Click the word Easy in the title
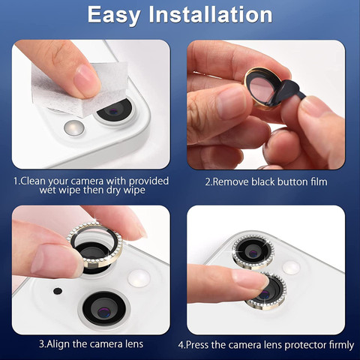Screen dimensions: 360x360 [114, 16]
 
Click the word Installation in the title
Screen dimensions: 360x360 [211, 14]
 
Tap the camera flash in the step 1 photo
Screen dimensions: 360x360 [74, 127]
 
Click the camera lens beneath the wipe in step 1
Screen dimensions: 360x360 [115, 110]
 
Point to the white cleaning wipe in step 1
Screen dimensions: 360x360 [80, 88]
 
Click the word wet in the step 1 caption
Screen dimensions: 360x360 [48, 190]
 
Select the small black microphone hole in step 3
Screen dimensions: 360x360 [58, 291]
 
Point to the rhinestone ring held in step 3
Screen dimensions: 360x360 [95, 246]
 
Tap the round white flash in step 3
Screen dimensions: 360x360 [139, 277]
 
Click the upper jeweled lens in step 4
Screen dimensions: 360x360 [253, 251]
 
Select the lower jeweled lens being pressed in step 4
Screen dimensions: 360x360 [267, 291]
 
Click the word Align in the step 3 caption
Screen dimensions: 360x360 [58, 344]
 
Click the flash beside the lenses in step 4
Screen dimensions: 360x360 [291, 267]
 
